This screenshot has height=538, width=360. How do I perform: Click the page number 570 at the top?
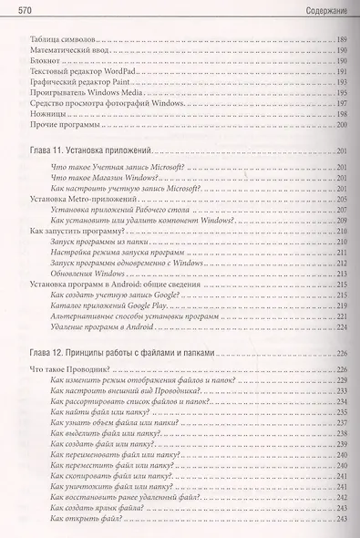(x=26, y=9)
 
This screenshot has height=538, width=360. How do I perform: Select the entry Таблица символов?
(x=60, y=43)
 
